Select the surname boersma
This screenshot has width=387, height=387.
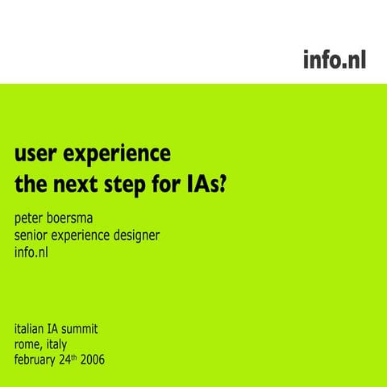click(x=85, y=218)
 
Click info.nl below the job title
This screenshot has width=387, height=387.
click(x=32, y=253)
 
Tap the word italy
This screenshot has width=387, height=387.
click(x=67, y=345)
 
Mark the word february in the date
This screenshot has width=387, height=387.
click(x=40, y=360)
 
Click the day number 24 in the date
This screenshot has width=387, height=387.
click(x=79, y=360)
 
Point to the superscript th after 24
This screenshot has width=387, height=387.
click(x=91, y=356)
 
